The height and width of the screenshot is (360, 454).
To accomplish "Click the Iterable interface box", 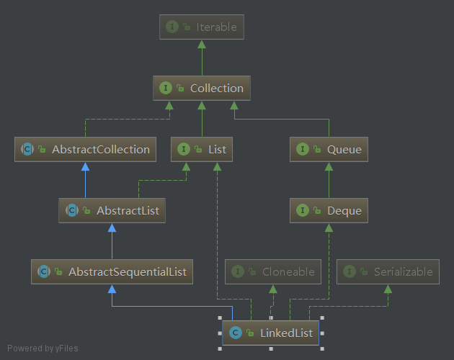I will point(202,27).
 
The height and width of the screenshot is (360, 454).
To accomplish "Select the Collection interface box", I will point(202,89).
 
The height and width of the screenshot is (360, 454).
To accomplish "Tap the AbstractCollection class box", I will point(85,150).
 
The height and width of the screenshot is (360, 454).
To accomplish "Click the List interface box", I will point(202,150).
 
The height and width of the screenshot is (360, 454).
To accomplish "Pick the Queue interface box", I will point(329,150).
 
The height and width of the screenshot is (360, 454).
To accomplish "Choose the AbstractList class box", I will point(112,211).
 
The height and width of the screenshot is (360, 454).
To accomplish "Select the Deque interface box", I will point(329,211).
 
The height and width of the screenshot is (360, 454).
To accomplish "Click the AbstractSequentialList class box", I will point(112,272).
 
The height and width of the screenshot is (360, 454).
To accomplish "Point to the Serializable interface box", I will point(388,272).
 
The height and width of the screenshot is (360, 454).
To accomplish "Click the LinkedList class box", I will point(270,333).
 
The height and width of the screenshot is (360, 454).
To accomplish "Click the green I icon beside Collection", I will point(166,89).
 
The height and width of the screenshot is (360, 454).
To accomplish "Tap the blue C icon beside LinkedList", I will point(235,333).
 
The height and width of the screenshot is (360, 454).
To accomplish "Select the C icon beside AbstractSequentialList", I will point(44,272).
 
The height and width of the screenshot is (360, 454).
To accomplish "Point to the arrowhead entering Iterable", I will point(202,45).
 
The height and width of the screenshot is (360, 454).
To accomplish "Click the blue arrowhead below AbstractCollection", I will point(85,167).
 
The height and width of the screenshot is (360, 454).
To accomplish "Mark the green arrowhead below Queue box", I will point(329,167).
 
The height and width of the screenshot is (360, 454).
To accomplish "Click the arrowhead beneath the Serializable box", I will point(388,289).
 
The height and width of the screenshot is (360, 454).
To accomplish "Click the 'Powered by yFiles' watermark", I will point(43,349).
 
